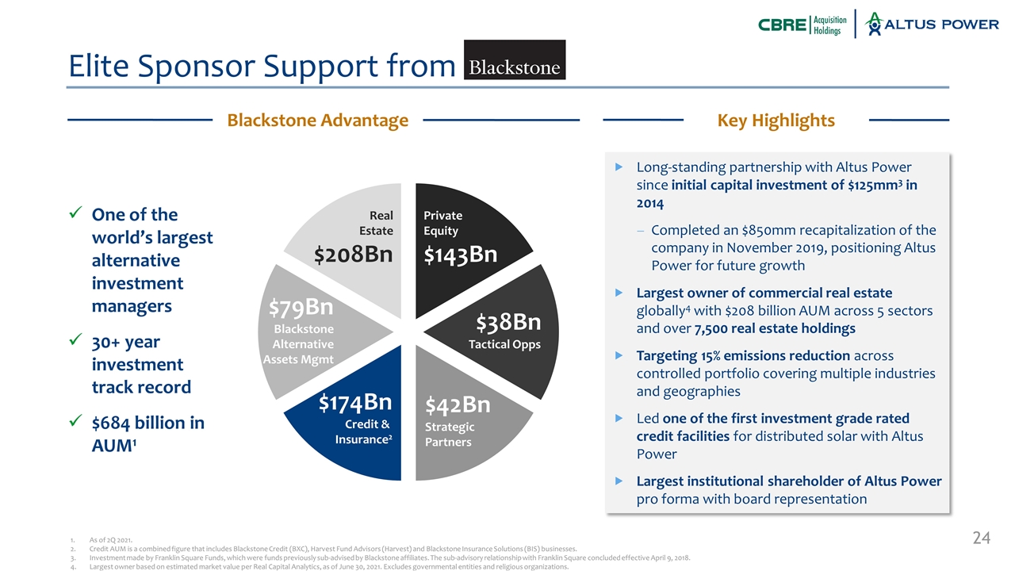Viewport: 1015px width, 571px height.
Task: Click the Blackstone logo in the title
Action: coord(515,59)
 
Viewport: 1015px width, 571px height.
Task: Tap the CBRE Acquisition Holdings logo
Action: coord(802,25)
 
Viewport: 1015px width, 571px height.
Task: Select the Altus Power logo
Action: coord(932,24)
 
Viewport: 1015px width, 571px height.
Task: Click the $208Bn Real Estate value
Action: coord(354,255)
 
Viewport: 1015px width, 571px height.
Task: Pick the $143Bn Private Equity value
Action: coord(461,255)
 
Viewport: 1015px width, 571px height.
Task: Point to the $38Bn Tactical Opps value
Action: coord(508,322)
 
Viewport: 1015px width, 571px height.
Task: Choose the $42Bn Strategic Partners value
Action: coord(458,404)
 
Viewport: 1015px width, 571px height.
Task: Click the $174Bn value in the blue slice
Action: coord(355,402)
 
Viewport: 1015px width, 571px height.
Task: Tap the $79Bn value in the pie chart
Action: coord(301,307)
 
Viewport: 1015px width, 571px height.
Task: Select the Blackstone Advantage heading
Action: coord(318,120)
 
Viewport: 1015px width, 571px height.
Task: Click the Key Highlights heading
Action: coord(776,120)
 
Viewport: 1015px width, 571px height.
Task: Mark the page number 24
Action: coord(982,538)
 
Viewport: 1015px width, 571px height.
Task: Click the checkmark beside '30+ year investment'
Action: coord(75,339)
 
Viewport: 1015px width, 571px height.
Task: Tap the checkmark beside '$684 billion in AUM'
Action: coord(75,420)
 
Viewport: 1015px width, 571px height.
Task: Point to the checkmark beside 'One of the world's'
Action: coord(75,212)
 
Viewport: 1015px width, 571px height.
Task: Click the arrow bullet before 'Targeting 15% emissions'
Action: coord(619,356)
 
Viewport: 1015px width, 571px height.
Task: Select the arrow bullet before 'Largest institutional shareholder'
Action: coord(619,481)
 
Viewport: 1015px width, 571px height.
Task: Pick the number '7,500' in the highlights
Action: coord(710,328)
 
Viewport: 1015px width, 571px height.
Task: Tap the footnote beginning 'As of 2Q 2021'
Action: coord(110,540)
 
